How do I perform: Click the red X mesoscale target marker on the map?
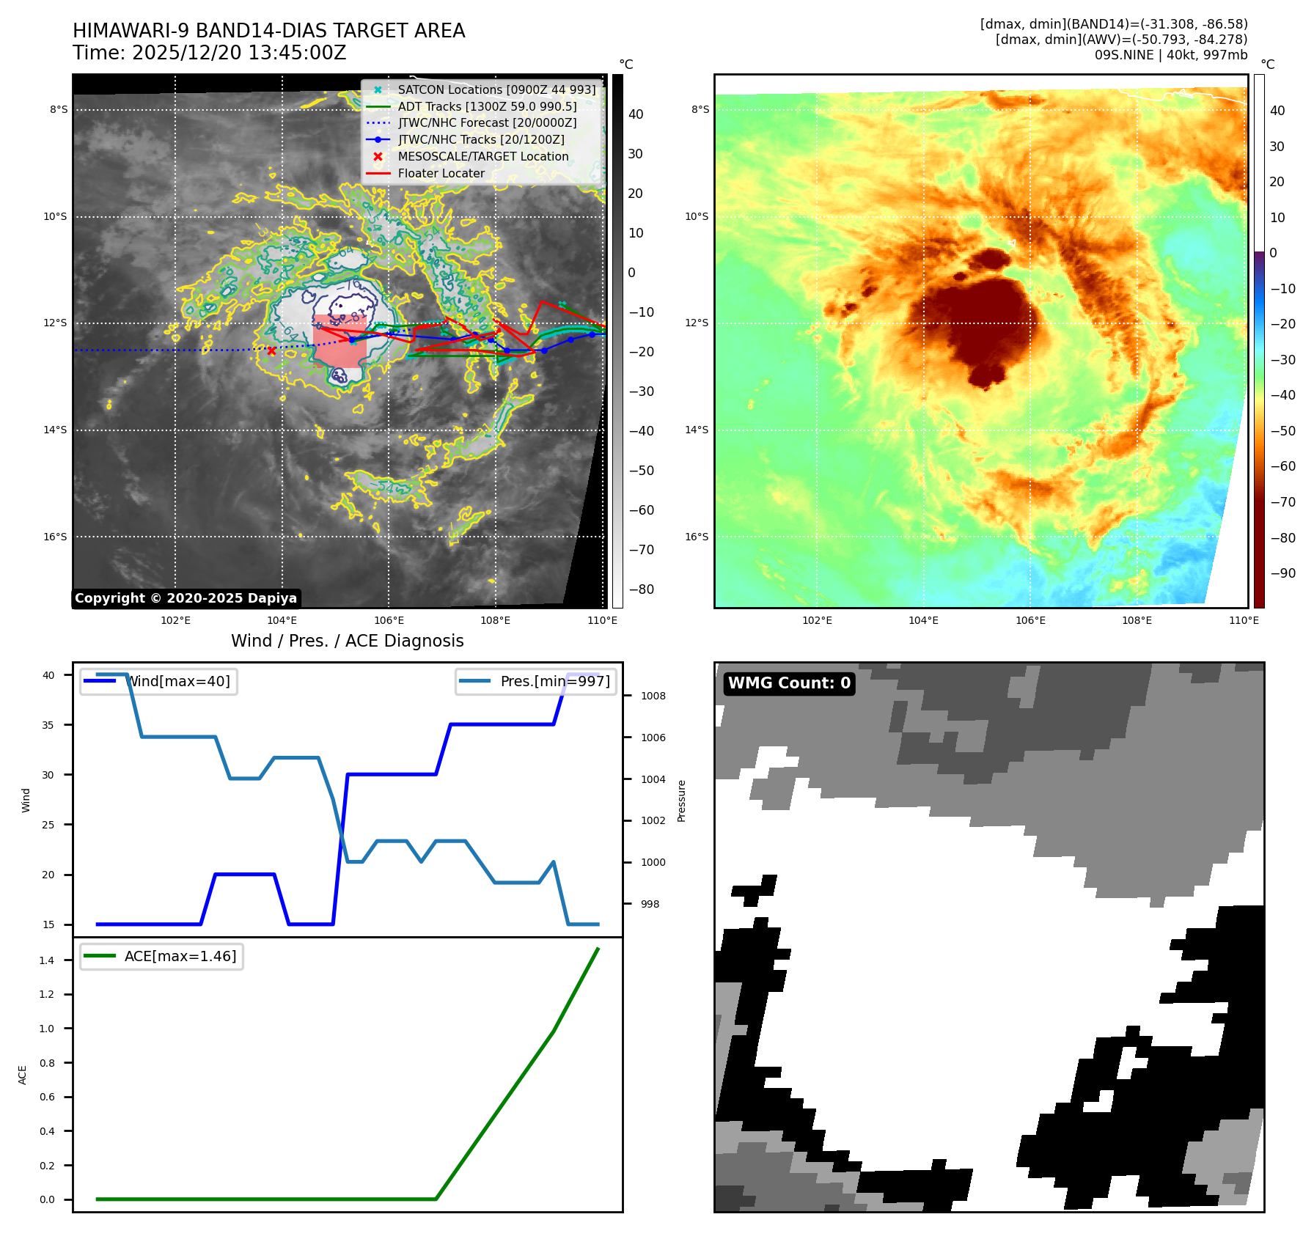coord(271,351)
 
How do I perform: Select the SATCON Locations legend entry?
coord(496,90)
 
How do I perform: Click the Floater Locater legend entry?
coord(441,174)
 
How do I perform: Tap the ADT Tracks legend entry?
coord(487,107)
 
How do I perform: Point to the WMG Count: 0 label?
coord(789,683)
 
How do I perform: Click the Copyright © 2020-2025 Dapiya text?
coord(186,598)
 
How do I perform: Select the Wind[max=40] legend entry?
coord(178,682)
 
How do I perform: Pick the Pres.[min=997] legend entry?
coord(554,682)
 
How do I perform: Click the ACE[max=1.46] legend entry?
coord(180,957)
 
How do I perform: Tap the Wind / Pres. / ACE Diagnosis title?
coord(347,641)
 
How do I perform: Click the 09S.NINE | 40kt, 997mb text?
coord(1170,55)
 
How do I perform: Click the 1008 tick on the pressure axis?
coord(653,696)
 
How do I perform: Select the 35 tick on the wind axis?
coord(48,725)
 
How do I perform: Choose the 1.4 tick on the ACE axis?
coord(47,960)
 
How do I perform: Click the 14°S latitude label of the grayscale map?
coord(55,430)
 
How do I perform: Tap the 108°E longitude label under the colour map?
coord(1137,621)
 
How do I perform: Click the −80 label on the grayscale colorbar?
coord(641,589)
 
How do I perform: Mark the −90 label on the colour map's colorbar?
coord(1282,573)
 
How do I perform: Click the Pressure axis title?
coord(681,801)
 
